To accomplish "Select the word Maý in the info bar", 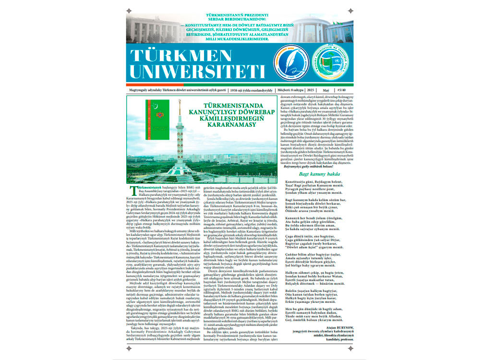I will (x=325, y=90).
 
